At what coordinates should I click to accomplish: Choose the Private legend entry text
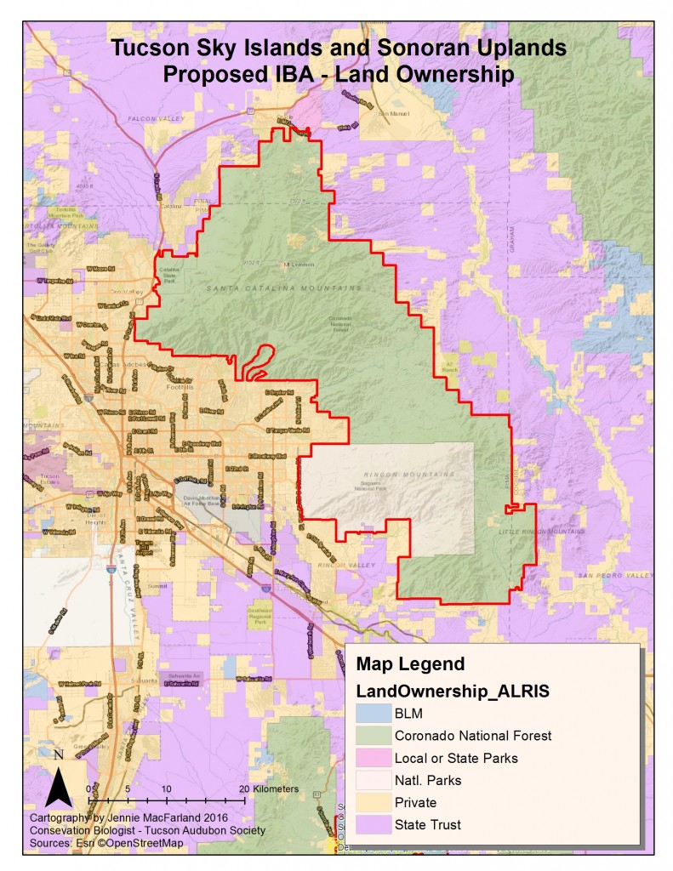415,801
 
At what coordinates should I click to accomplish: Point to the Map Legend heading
410,663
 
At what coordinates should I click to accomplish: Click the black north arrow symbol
57,785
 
